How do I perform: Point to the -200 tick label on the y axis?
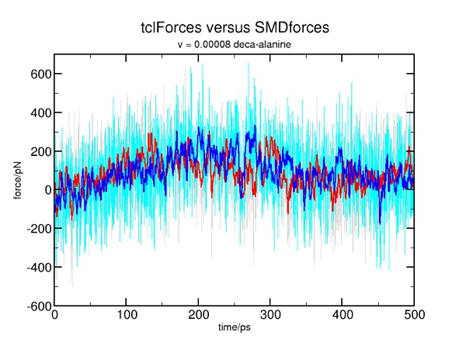point(33,229)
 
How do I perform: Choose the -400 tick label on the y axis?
point(33,268)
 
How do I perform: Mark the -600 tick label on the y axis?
point(33,306)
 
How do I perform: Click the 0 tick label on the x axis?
point(54,317)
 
